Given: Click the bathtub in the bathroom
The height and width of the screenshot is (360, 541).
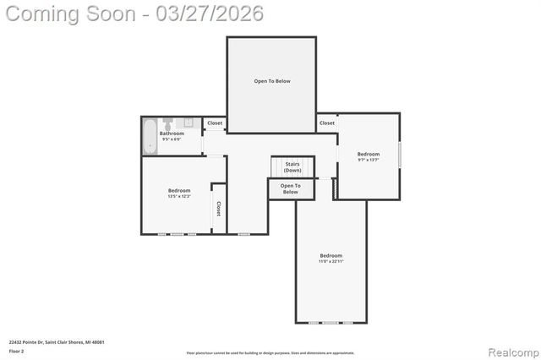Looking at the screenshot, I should click(150, 135).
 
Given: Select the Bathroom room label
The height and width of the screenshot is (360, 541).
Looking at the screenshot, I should click(172, 134).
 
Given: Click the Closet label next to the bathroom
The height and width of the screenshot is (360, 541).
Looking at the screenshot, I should click(215, 123).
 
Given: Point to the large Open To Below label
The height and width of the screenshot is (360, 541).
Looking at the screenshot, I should click(272, 81).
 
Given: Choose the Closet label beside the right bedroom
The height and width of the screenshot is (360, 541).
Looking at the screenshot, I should click(326, 123).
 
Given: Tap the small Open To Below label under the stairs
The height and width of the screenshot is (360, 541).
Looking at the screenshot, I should click(290, 188).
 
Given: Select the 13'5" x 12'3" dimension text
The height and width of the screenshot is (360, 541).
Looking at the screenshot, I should click(179, 196).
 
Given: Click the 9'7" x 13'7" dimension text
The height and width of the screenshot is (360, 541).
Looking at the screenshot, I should click(368, 160).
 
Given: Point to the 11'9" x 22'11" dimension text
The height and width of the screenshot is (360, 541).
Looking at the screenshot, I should click(331, 261).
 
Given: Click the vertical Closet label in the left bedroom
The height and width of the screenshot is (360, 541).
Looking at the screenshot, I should click(218, 208).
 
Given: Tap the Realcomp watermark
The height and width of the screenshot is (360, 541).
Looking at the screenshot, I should click(509, 350).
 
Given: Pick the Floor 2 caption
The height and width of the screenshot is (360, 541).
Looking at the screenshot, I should click(17, 350).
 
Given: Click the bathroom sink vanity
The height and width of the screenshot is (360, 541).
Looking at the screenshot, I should click(190, 123).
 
